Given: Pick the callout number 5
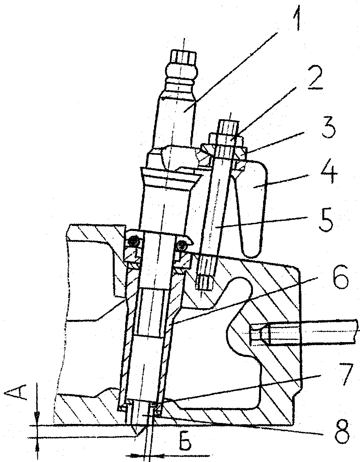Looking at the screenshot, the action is pyautogui.click(x=326, y=224).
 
